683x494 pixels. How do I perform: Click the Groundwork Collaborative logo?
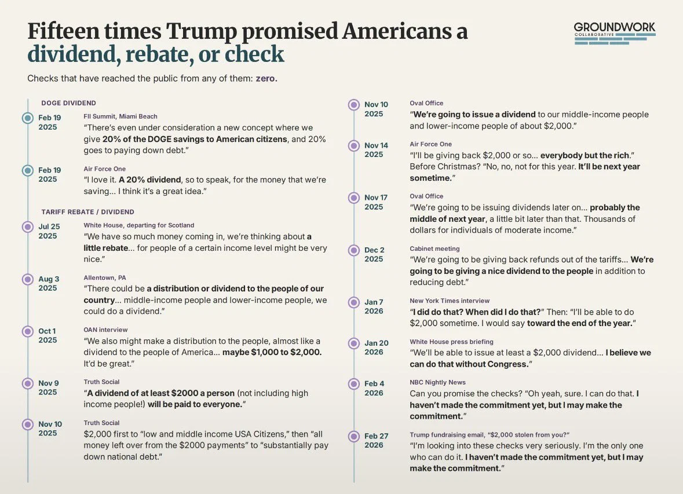(x=615, y=33)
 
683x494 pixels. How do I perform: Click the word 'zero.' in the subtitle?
(x=266, y=78)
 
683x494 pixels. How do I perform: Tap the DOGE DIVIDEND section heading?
(x=69, y=103)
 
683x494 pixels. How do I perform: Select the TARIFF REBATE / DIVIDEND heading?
(x=88, y=212)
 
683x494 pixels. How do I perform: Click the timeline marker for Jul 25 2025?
(x=28, y=227)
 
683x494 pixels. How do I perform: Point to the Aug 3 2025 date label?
(x=49, y=283)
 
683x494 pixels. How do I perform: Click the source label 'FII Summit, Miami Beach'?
(x=120, y=116)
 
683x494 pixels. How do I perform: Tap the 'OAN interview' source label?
(x=105, y=330)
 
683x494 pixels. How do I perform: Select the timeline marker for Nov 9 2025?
(x=28, y=383)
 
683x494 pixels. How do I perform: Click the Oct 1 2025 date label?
(x=48, y=335)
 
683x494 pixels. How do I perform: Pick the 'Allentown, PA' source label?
(x=105, y=277)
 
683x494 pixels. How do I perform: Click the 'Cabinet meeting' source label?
(x=434, y=249)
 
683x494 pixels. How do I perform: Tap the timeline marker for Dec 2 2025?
(x=354, y=250)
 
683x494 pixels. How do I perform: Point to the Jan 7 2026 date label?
(x=374, y=306)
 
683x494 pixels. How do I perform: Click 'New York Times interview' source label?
(x=450, y=301)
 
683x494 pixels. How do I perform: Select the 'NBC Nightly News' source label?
(x=438, y=382)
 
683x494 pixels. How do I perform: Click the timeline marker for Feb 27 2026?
(x=354, y=436)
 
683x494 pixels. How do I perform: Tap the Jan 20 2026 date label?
(x=377, y=347)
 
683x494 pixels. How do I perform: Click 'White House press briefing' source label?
(x=452, y=342)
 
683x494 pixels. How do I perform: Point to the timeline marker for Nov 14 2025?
(x=354, y=145)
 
